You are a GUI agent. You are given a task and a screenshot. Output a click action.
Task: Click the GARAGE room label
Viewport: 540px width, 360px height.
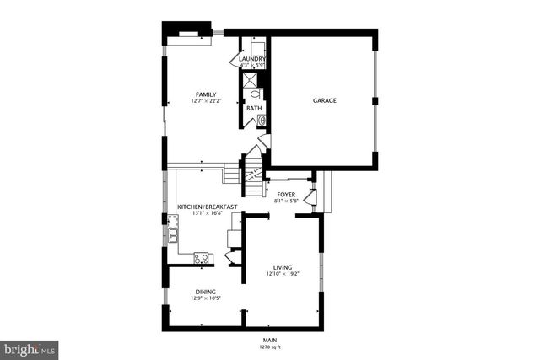(x=325, y=101)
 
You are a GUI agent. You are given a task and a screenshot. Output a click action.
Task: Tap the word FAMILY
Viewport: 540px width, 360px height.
(x=206, y=94)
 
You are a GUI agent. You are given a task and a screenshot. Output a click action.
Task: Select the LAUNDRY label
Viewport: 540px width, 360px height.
(x=253, y=58)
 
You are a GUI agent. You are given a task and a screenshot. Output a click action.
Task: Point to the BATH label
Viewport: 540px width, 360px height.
(x=253, y=108)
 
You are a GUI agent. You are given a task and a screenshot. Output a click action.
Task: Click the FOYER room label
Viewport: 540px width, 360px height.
(x=287, y=195)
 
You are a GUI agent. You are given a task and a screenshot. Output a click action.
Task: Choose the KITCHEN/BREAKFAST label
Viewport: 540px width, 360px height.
(x=207, y=207)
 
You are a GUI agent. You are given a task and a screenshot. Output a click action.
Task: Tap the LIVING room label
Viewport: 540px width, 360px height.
(x=282, y=266)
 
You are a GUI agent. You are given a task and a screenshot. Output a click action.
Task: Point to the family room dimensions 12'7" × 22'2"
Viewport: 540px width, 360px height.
(x=206, y=102)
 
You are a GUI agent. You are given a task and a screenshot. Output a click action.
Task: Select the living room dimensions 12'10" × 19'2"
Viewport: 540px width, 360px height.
(x=282, y=273)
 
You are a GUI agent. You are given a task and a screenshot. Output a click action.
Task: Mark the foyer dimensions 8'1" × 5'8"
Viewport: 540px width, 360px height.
(x=287, y=201)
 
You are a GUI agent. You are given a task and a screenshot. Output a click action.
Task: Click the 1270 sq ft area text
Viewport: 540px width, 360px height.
(x=269, y=347)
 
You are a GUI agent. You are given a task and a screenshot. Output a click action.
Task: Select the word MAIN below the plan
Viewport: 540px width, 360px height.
(x=269, y=340)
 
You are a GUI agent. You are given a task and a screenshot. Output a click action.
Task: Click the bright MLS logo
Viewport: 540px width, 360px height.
(x=30, y=347)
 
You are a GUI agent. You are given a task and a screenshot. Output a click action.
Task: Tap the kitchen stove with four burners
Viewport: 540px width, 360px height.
(x=202, y=258)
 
